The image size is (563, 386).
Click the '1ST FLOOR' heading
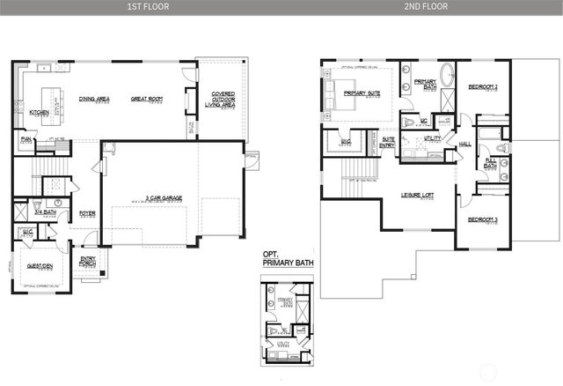point(141,6)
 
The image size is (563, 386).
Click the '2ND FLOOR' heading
point(425,6)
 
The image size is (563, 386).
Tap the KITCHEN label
point(39,113)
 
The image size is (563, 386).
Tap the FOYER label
point(87,212)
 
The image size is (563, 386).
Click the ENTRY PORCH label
point(88,261)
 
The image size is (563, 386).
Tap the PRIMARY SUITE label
point(362,93)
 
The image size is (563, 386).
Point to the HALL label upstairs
point(464,144)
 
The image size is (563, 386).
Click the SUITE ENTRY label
point(387,140)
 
